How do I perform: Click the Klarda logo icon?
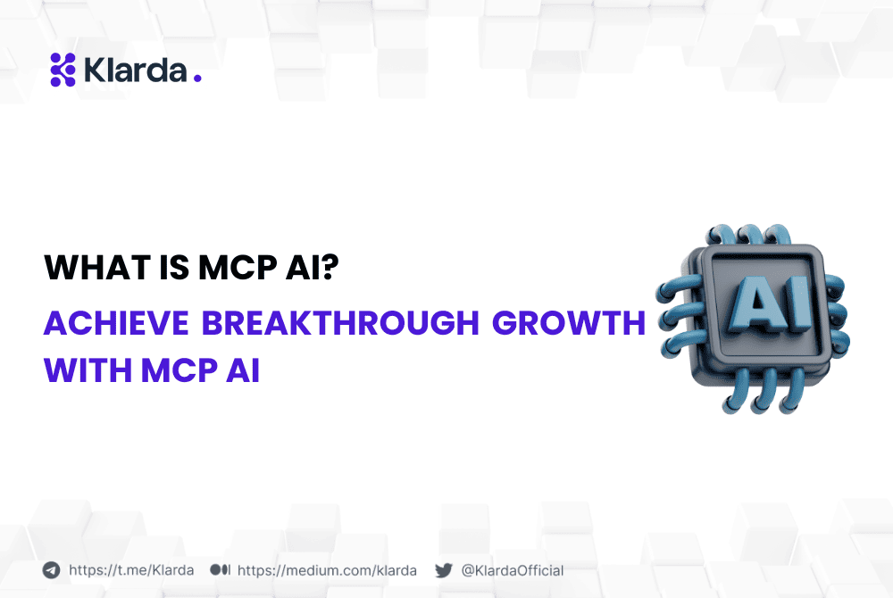tap(63, 70)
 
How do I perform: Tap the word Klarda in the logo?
tap(135, 70)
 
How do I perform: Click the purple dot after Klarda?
tap(197, 79)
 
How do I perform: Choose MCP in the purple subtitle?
tap(175, 370)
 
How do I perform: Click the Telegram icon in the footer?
tap(52, 570)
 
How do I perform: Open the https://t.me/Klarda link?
tap(130, 570)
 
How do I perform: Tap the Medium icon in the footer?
tap(221, 570)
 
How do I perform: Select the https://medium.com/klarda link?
tap(327, 570)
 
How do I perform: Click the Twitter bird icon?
tap(444, 570)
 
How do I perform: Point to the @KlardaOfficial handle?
tap(513, 570)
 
